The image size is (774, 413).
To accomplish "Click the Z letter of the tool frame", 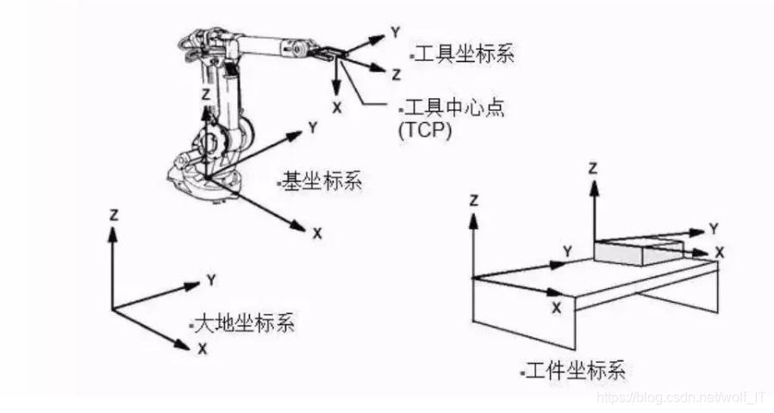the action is [396, 75].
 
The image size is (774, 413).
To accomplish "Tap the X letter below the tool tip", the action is [336, 108].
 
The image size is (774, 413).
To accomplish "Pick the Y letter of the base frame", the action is [314, 127].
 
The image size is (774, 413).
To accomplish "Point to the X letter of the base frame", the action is [317, 233].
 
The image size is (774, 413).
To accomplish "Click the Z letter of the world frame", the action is [113, 213].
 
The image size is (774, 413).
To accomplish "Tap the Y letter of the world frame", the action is [210, 280].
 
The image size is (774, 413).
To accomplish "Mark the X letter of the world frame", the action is [203, 348].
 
